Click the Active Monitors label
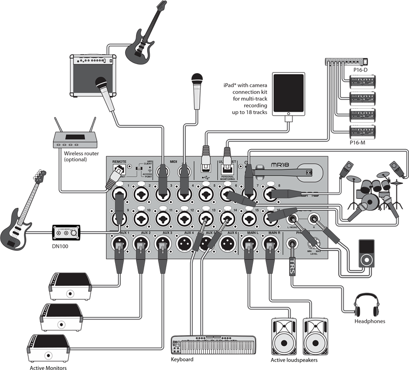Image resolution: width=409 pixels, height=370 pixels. (49, 367)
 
